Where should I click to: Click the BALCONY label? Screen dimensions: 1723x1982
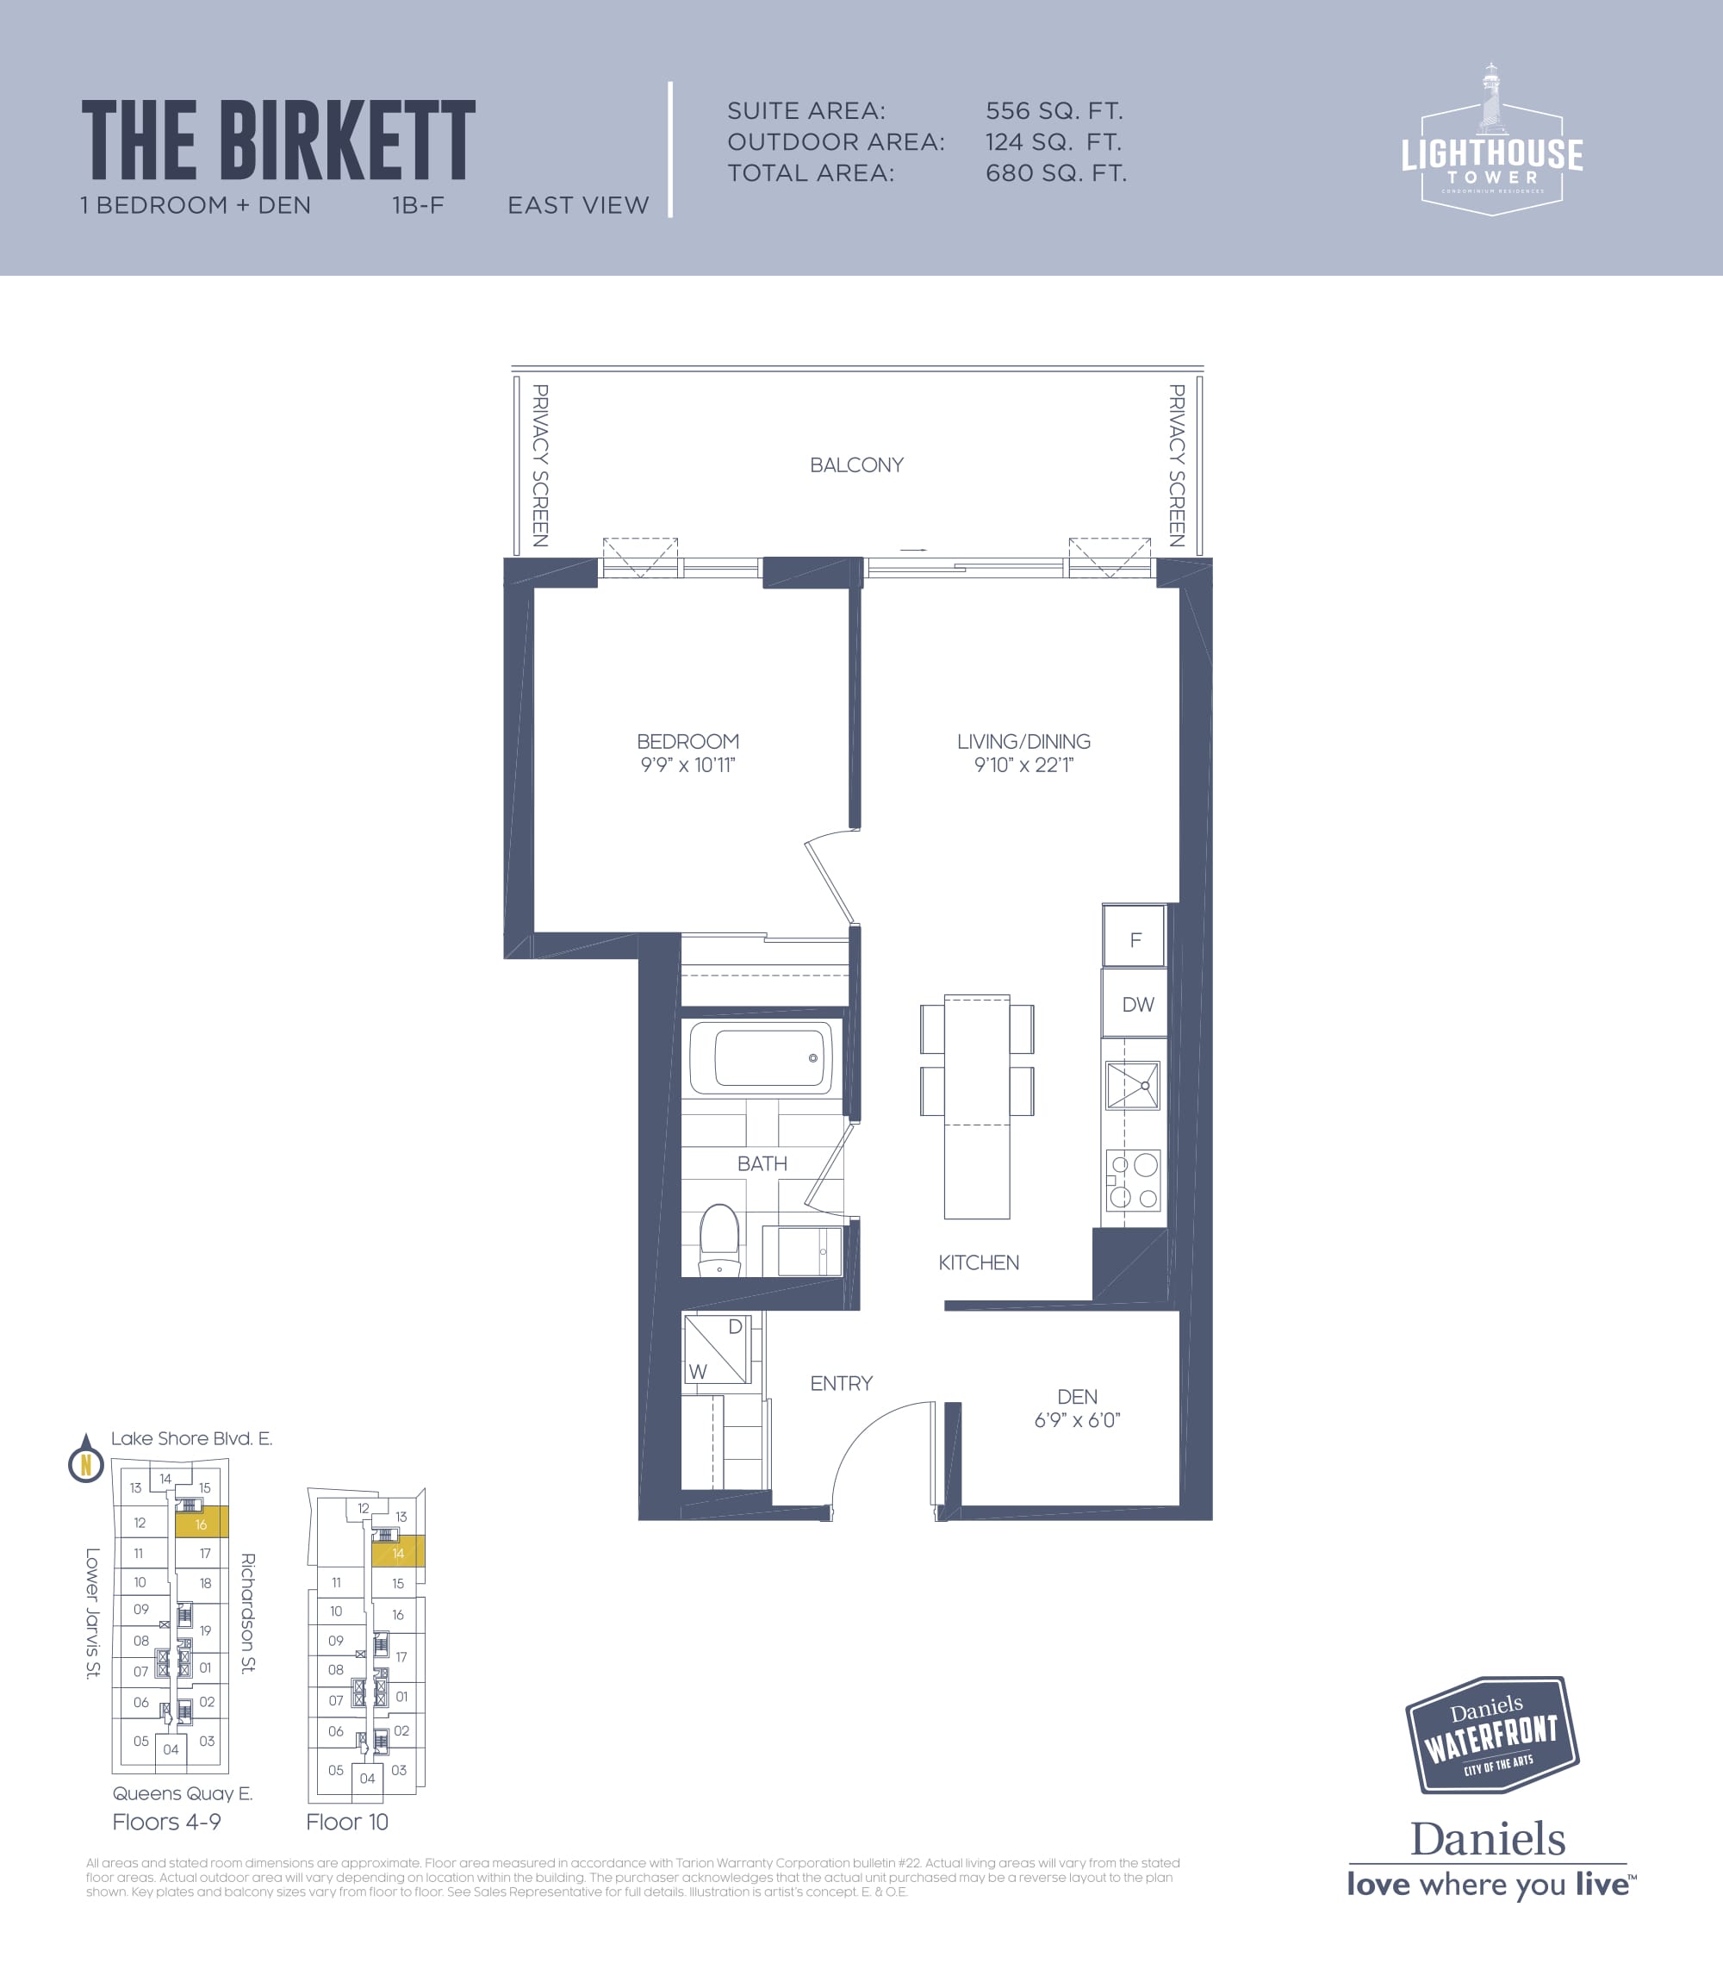click(x=855, y=465)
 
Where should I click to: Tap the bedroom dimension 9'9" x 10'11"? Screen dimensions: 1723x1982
click(x=687, y=765)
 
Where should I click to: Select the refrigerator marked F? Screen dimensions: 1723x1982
click(x=1135, y=937)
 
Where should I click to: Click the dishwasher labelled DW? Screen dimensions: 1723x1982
click(x=1135, y=1003)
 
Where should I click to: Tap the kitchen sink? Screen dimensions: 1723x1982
click(x=1133, y=1086)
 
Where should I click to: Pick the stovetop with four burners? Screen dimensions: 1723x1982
click(x=1134, y=1181)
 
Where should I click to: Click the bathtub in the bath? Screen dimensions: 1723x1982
click(x=761, y=1058)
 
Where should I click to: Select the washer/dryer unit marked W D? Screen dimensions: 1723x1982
click(x=718, y=1349)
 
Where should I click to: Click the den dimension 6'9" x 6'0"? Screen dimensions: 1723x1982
click(x=1077, y=1420)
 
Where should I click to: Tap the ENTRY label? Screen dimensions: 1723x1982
click(x=842, y=1384)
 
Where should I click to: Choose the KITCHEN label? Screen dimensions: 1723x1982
click(x=979, y=1262)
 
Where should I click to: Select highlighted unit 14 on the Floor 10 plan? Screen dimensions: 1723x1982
click(x=398, y=1553)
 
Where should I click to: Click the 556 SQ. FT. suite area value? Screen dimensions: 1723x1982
click(x=1054, y=111)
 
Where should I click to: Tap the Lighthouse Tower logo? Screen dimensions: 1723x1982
click(x=1491, y=140)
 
